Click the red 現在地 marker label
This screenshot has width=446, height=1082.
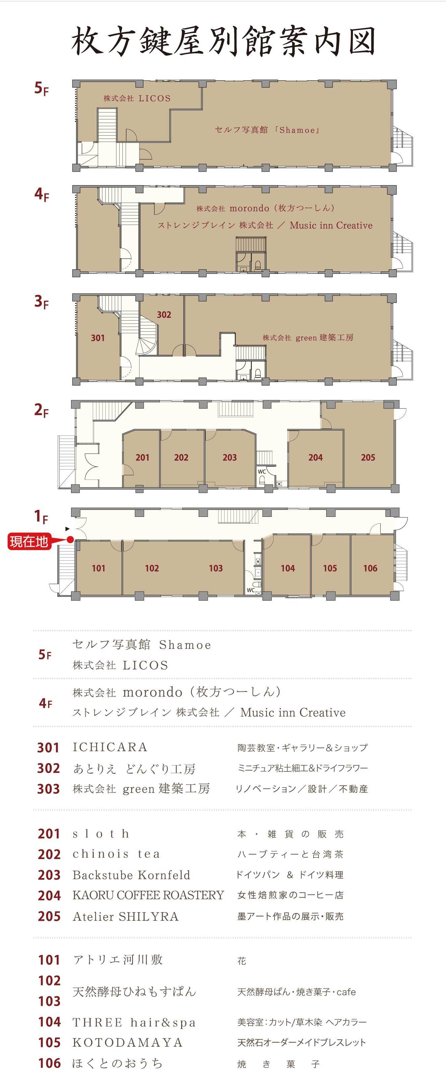[29, 541]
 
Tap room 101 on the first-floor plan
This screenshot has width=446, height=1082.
[98, 568]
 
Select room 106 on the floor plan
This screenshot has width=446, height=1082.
[370, 568]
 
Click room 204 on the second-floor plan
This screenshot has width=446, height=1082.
[315, 458]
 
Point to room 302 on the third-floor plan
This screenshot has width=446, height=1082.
[164, 315]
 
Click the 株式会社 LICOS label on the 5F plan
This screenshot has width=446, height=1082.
[137, 98]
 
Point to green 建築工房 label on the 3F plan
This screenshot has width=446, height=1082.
[308, 337]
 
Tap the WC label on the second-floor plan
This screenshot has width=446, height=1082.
[262, 471]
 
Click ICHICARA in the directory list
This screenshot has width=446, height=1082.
[110, 747]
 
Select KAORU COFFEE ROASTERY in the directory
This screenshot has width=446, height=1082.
[148, 895]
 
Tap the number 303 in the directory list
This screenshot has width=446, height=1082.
[48, 789]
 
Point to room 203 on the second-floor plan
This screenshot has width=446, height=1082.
[230, 458]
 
